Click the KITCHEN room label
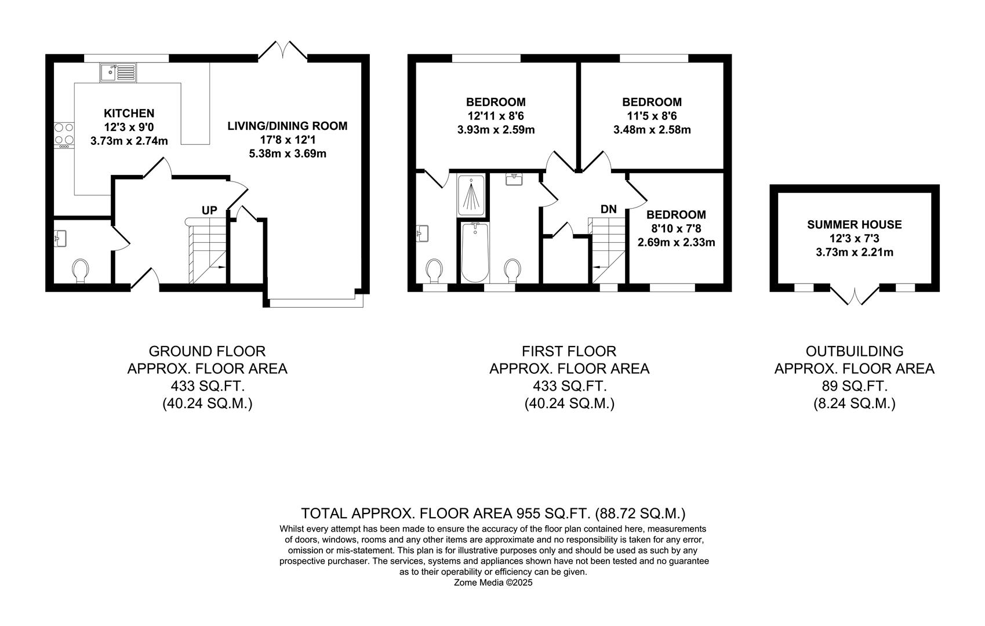coord(129,113)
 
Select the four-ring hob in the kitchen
coord(64,134)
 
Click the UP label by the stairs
coord(209,210)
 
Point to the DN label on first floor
coord(608,210)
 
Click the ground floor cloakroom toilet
coord(81,270)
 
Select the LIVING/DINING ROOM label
coord(287,126)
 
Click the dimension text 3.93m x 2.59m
coord(496,130)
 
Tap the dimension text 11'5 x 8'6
coord(652,116)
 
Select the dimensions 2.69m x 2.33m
coord(676,242)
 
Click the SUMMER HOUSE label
coord(854,225)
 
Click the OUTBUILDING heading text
coord(854,351)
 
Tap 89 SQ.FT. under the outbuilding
coord(854,386)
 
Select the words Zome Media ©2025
coord(493,583)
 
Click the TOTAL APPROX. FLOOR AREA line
coord(493,514)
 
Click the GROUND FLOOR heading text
coord(207,351)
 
